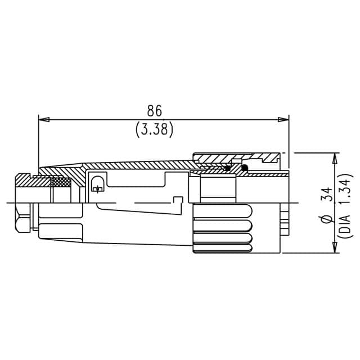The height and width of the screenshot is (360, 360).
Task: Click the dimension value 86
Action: coord(154,110)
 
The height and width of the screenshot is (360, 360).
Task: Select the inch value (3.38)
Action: coord(154,129)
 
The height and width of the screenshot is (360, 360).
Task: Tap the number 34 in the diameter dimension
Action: coord(326,196)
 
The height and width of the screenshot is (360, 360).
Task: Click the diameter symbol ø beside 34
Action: coord(326,221)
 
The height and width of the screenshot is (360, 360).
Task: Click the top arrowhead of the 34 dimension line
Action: coord(336,157)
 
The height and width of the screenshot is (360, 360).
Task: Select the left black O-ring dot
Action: coord(227,168)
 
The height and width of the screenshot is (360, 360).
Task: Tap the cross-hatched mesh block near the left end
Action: coord(61,182)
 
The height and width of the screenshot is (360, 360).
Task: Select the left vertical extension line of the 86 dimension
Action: coord(38,141)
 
